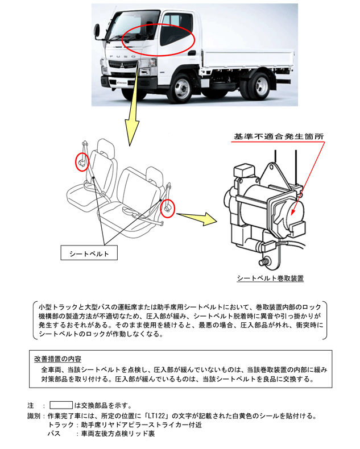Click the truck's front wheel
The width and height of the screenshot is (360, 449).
click(x=181, y=87)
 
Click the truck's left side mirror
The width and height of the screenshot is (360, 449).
click(x=97, y=31)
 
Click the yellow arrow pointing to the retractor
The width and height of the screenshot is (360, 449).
click(x=197, y=218)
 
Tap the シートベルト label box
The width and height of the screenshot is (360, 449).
click(x=89, y=253)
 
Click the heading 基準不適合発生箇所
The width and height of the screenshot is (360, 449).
click(x=279, y=136)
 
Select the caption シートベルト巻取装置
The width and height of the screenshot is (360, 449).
click(x=270, y=278)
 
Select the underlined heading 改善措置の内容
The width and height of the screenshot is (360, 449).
click(x=58, y=359)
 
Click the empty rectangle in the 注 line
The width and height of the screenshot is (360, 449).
click(x=61, y=405)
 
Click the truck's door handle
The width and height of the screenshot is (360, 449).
click(x=192, y=53)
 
